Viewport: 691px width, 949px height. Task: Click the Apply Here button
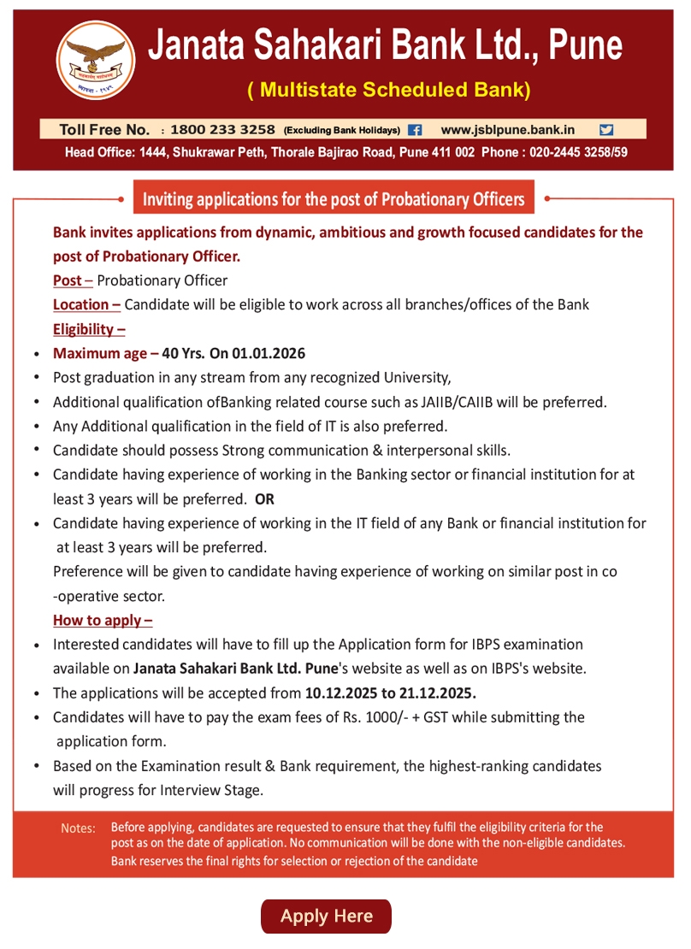coord(326,916)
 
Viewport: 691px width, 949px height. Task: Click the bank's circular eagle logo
coord(96,60)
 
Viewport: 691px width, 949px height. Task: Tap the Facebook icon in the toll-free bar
coord(416,130)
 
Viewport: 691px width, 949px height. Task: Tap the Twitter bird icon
coord(606,130)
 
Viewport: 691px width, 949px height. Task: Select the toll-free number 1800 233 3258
coord(222,130)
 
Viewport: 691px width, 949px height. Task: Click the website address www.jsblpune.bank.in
coord(507,130)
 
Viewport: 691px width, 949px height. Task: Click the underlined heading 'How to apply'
coord(102,620)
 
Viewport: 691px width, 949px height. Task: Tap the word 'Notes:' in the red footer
coord(78,828)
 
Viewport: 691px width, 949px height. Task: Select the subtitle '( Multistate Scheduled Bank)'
coord(389,89)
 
